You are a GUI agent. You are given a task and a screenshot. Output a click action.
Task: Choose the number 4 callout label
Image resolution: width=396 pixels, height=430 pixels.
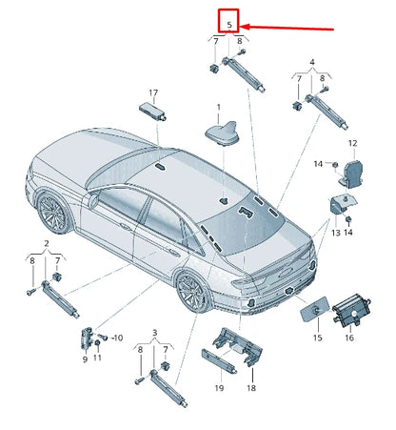310,64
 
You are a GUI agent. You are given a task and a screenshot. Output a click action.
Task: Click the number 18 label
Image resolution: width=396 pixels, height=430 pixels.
252,388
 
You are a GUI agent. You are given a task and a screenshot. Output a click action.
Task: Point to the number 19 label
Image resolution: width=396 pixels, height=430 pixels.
218,388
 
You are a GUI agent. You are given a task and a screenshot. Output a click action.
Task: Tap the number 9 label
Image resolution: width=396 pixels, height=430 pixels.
85,358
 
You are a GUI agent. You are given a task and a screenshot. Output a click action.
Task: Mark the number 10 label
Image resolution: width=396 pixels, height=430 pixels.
117,338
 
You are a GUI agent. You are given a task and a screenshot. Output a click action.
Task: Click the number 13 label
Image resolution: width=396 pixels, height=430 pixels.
334,232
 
